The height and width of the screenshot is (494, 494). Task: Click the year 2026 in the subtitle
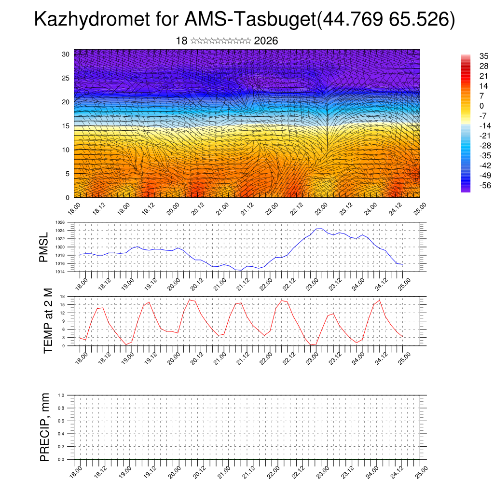pos(266,41)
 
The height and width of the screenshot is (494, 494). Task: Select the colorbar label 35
pos(484,56)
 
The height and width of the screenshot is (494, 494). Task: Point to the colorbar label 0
pos(481,106)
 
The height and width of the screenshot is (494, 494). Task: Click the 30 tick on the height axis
pos(66,54)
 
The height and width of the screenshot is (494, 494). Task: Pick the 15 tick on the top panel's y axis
pos(66,126)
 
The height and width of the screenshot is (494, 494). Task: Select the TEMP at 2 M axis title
pos(47,321)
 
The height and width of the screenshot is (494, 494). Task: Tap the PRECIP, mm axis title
pos(45,427)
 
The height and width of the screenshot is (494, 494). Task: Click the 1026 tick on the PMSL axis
pos(59,222)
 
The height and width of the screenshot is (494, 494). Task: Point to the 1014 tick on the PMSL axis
pos(59,272)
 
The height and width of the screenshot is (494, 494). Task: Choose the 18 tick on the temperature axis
pos(63,296)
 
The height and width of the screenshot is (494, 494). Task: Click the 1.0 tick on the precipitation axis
pos(61,395)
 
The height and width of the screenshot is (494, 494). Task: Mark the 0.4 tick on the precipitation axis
pos(61,434)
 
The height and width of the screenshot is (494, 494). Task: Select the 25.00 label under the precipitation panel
pos(422,472)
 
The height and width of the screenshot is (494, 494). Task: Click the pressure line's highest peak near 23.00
pos(319,229)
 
